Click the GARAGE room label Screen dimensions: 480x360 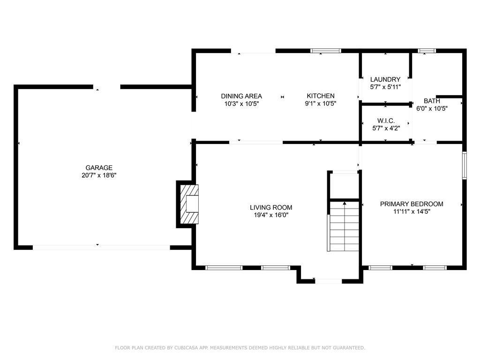click(99, 168)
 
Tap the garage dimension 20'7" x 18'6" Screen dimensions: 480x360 click(99, 175)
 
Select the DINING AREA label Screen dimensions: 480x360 click(241, 96)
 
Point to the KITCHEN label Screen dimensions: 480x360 click(321, 96)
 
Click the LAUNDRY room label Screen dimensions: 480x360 click(385, 79)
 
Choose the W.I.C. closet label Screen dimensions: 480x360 click(386, 120)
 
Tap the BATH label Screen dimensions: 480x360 click(432, 101)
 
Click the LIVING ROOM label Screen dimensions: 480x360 click(271, 208)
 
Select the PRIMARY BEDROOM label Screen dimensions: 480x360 click(412, 204)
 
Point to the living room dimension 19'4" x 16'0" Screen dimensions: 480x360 click(271, 215)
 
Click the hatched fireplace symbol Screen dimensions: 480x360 click(189, 204)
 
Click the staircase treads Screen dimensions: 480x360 click(344, 226)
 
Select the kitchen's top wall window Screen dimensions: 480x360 click(326, 51)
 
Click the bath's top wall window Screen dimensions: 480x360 click(427, 51)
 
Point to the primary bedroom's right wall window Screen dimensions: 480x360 click(465, 165)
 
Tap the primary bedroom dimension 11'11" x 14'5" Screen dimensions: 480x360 click(412, 211)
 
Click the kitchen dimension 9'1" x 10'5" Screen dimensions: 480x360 click(321, 104)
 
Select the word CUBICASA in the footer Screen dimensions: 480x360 click(187, 348)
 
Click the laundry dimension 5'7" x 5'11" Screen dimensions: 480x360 click(385, 87)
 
